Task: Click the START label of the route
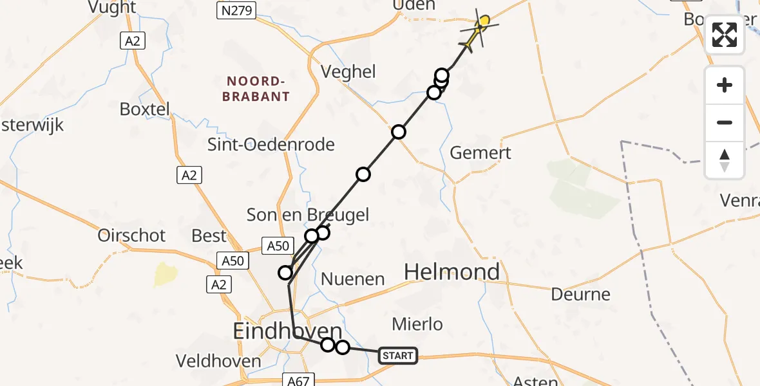click(x=397, y=356)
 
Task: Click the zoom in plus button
click(x=725, y=86)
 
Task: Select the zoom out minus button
click(x=725, y=123)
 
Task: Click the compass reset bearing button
click(x=725, y=160)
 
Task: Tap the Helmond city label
click(x=452, y=272)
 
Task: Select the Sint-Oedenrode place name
click(x=271, y=145)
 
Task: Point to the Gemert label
click(x=480, y=152)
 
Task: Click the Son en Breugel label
click(x=308, y=214)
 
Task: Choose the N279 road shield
click(x=236, y=11)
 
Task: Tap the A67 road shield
click(x=298, y=381)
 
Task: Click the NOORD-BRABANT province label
click(x=256, y=89)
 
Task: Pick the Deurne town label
click(x=580, y=295)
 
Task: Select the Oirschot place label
click(x=131, y=235)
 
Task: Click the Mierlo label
click(x=418, y=324)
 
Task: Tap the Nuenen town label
click(x=352, y=279)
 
